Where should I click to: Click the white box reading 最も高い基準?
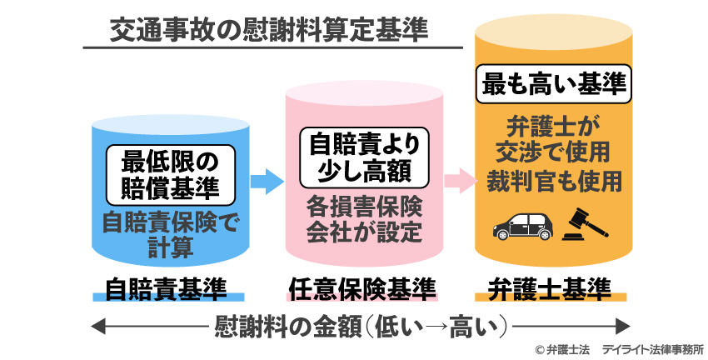(552, 84)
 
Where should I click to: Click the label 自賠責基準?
(166, 287)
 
